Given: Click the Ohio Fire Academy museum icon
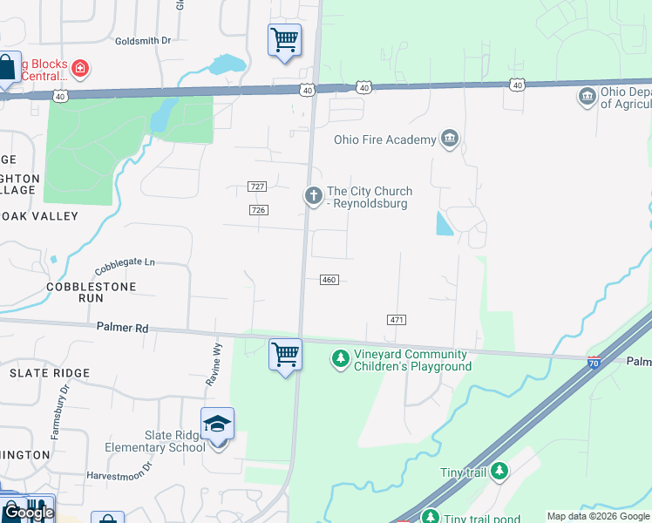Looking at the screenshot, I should (x=450, y=139).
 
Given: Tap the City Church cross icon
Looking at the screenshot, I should (x=313, y=197).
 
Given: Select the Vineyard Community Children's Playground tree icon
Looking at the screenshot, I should (x=341, y=358).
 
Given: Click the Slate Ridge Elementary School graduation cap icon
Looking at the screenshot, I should (x=217, y=425).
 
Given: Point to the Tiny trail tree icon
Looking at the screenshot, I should (x=499, y=472).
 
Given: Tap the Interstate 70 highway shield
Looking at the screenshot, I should (x=594, y=363).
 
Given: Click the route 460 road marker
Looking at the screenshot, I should (x=329, y=280).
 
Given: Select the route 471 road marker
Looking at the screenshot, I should (x=397, y=320).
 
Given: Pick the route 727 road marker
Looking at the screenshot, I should (x=256, y=187).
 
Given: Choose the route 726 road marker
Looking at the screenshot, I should (x=258, y=210).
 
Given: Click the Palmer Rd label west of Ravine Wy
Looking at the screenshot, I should (x=122, y=328).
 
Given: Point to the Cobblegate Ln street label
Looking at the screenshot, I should (x=125, y=261).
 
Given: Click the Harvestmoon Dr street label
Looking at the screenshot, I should (x=119, y=476).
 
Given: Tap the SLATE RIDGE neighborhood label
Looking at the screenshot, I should (x=50, y=373).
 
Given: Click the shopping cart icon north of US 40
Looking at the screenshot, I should (x=284, y=40).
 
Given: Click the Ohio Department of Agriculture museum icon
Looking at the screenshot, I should (x=587, y=95).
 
